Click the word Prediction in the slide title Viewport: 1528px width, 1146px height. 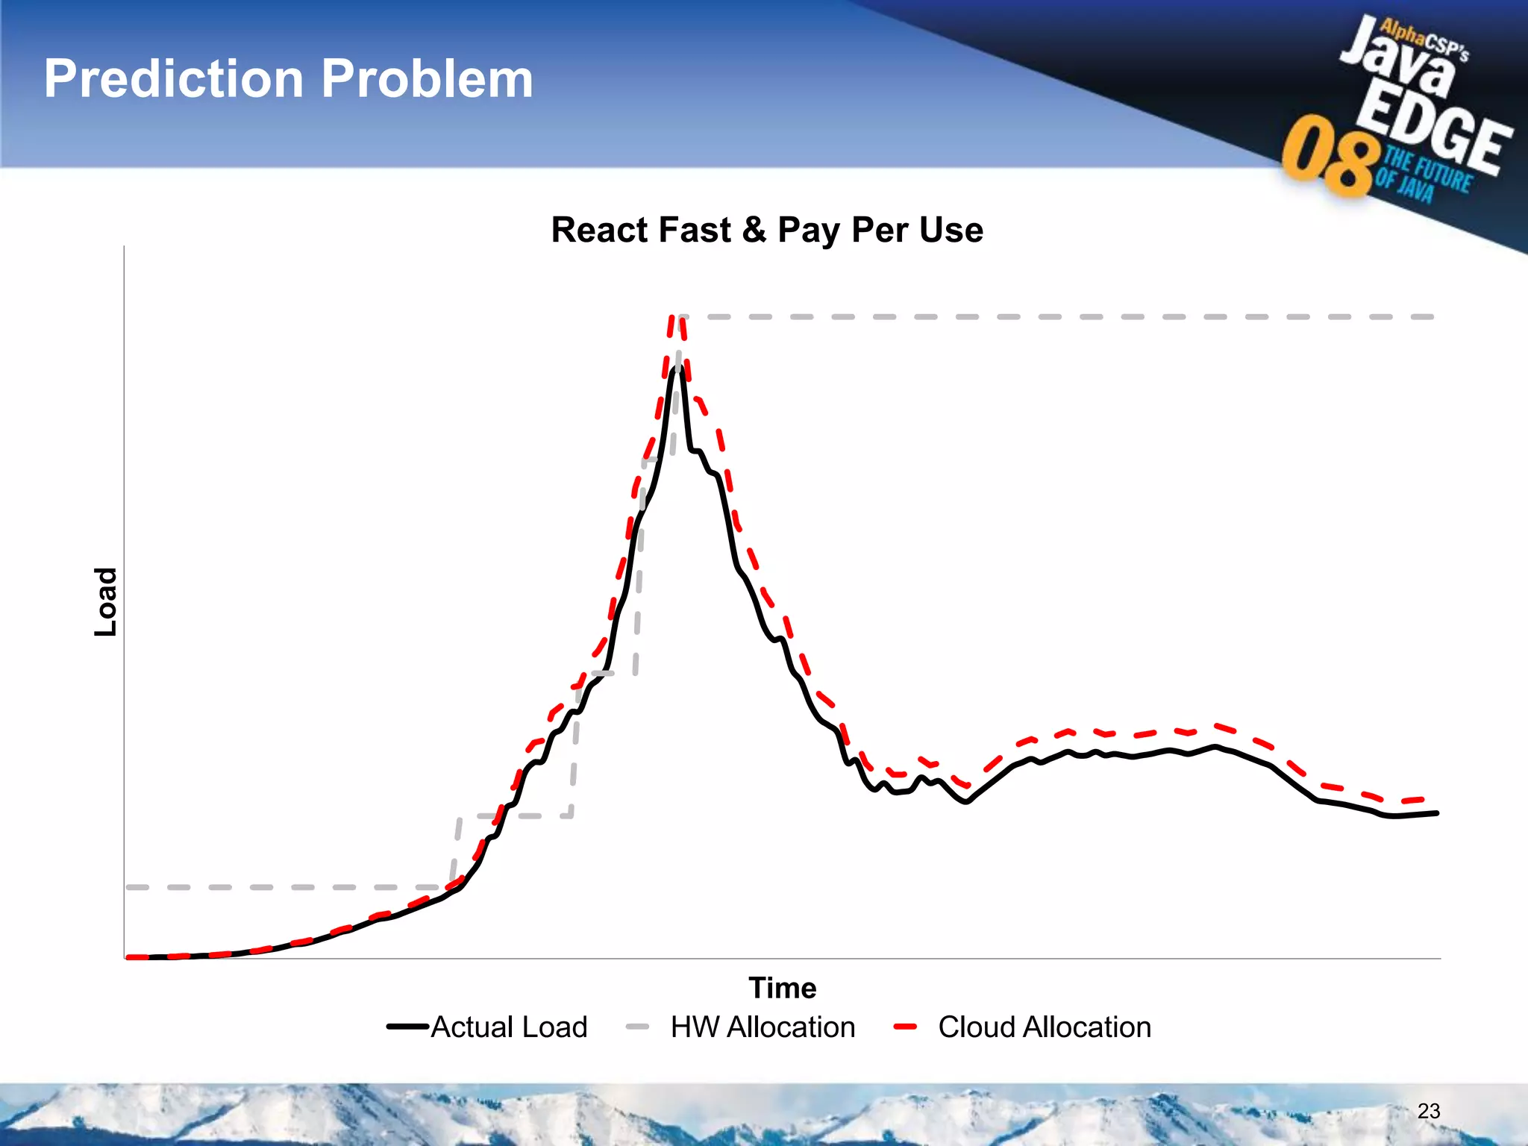click(173, 79)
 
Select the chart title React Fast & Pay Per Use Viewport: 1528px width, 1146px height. click(766, 230)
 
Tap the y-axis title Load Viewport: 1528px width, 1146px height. click(106, 601)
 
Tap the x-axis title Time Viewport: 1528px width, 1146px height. click(782, 988)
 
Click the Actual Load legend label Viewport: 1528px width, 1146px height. click(509, 1027)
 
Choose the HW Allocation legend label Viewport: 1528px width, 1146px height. click(763, 1027)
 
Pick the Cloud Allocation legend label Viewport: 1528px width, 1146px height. click(1044, 1027)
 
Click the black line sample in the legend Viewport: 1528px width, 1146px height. click(407, 1027)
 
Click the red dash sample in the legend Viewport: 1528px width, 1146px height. click(904, 1027)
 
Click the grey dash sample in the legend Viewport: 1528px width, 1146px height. click(637, 1027)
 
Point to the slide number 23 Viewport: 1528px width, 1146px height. click(1428, 1111)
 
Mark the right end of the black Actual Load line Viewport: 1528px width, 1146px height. click(1436, 813)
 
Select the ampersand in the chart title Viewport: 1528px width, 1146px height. click(754, 230)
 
